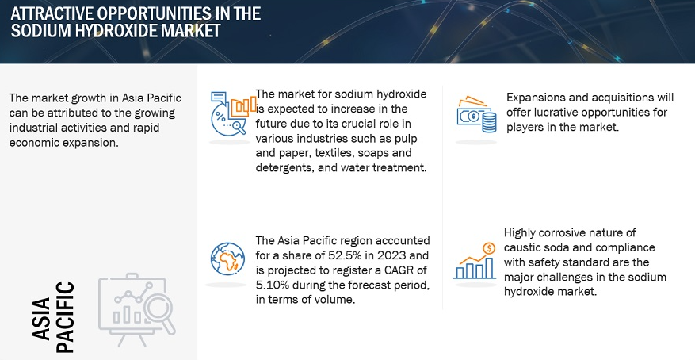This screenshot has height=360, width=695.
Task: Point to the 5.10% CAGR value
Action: click(271, 285)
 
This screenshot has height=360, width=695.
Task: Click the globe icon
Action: click(227, 259)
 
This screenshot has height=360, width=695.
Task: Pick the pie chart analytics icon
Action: click(233, 113)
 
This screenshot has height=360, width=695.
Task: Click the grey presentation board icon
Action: click(136, 309)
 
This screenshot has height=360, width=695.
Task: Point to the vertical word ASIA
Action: click(41, 320)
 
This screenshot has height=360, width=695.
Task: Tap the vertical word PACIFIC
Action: click(66, 317)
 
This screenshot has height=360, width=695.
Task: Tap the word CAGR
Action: click(400, 270)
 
